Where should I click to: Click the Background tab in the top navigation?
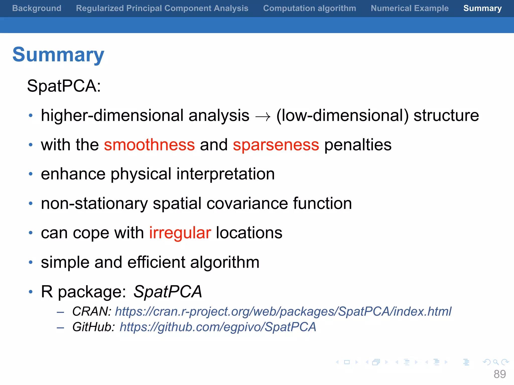click(37, 8)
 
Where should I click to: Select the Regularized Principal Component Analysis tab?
click(162, 8)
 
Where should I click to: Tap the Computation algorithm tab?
click(309, 8)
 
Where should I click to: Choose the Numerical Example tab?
click(410, 8)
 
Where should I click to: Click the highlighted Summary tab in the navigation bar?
click(482, 8)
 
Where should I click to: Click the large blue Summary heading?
click(58, 55)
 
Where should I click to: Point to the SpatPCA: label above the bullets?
click(64, 86)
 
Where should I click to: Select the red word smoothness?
click(149, 145)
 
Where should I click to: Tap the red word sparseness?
click(276, 145)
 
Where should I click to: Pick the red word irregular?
click(180, 233)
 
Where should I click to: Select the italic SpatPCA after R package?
click(167, 292)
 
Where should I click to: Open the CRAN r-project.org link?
click(283, 312)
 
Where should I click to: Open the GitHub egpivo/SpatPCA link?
click(218, 327)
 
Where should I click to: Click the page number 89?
click(499, 374)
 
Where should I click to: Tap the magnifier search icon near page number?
click(496, 362)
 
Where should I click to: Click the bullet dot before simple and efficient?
click(31, 262)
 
